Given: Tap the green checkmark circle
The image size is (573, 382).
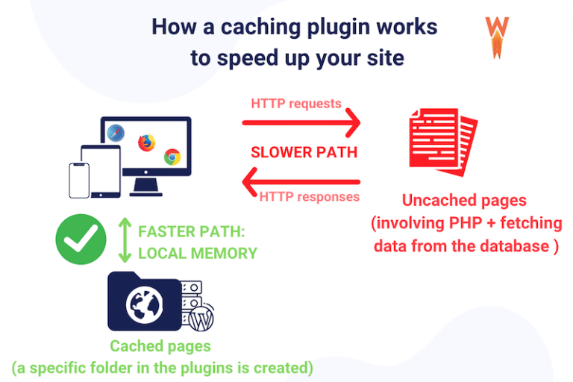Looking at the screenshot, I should [81, 239].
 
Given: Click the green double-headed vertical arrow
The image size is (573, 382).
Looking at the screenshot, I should [125, 240].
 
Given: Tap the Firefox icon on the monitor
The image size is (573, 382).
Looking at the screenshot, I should [146, 142].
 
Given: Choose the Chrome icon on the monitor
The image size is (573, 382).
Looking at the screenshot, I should [172, 157].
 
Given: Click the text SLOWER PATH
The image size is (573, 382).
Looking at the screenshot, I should [304, 152].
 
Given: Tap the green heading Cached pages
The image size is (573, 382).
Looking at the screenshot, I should [160, 346].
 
